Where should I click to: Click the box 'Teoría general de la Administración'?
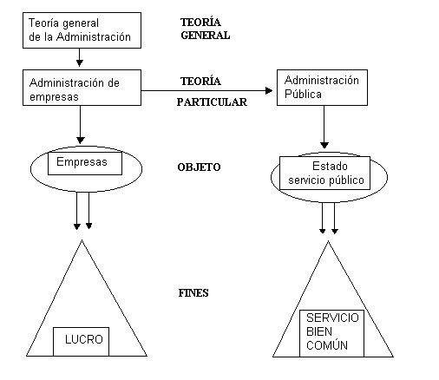click(x=82, y=30)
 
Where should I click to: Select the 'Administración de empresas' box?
click(x=82, y=88)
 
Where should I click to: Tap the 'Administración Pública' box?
click(x=322, y=88)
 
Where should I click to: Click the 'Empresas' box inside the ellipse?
click(x=85, y=163)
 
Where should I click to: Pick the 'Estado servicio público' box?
click(x=324, y=174)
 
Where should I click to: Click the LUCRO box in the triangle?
click(x=81, y=342)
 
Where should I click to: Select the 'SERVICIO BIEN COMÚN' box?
click(x=331, y=333)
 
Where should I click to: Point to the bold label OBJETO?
click(x=199, y=167)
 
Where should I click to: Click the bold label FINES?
click(x=193, y=293)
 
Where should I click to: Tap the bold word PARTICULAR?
click(x=212, y=102)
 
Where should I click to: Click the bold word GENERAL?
click(x=206, y=36)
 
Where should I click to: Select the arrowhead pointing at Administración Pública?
click(x=269, y=90)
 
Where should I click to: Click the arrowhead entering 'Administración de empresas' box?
click(x=80, y=63)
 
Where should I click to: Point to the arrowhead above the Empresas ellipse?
click(x=81, y=141)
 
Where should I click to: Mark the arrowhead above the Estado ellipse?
click(x=324, y=145)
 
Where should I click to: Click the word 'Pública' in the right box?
click(x=303, y=94)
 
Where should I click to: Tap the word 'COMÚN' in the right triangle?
click(x=327, y=345)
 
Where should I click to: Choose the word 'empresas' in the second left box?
click(x=54, y=97)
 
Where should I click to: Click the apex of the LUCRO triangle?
click(x=82, y=240)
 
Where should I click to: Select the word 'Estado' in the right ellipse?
click(x=330, y=167)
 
